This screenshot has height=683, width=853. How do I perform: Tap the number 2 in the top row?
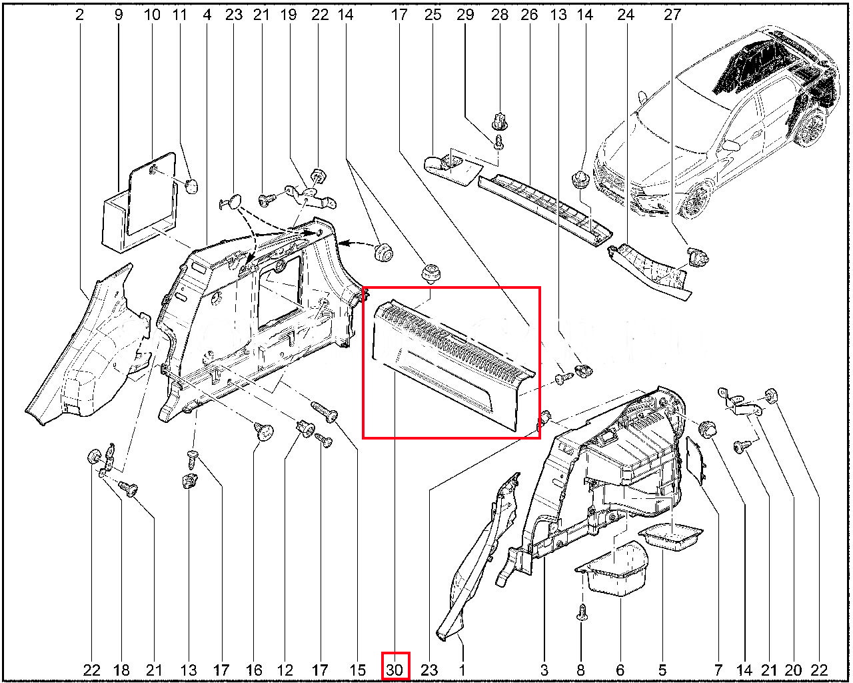80,15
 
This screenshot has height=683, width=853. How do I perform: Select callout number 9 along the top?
119,15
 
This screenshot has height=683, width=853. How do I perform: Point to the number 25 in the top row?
432,15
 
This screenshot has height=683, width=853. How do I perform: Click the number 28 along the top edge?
499,15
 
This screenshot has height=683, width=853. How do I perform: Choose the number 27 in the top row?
672,15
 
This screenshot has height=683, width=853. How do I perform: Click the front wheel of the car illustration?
694,201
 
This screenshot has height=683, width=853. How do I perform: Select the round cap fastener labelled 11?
192,185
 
